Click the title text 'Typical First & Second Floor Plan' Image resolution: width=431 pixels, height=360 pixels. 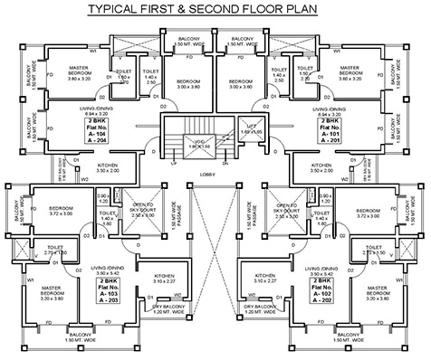point(215,10)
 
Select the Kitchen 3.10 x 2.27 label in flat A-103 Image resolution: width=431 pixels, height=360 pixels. point(162,279)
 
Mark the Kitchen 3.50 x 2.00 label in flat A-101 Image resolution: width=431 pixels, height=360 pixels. point(321,168)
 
